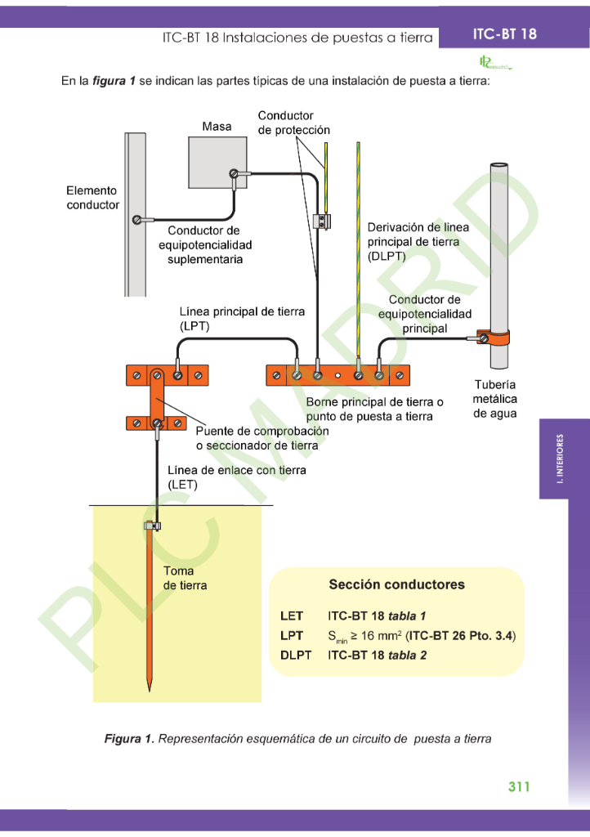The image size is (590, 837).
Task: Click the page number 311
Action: tap(519, 786)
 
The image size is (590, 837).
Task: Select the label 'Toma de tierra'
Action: tap(185, 579)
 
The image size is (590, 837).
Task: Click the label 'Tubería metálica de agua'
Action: tap(495, 399)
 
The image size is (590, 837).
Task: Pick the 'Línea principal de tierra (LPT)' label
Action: tap(242, 319)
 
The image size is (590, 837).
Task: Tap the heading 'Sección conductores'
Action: tap(396, 584)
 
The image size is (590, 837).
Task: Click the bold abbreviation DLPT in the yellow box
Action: tap(296, 655)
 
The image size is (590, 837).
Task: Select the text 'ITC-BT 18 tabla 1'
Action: tap(377, 615)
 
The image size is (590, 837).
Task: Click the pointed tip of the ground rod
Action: tap(149, 688)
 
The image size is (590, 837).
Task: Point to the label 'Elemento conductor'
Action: tap(92, 198)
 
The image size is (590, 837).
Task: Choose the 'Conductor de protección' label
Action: tap(293, 123)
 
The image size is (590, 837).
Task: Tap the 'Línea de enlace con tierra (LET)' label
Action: tap(236, 477)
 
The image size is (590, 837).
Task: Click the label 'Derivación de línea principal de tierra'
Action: tap(418, 241)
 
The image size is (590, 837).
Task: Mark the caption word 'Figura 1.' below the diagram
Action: tap(128, 739)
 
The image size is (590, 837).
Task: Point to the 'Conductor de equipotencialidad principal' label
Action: tap(424, 314)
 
